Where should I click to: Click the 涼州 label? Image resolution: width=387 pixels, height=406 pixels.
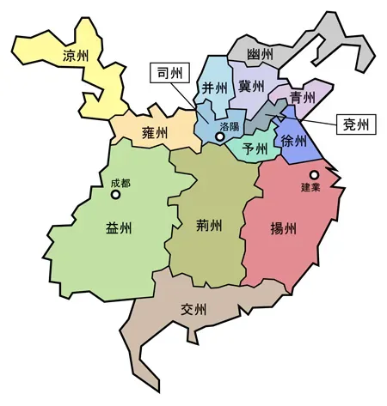(80, 58)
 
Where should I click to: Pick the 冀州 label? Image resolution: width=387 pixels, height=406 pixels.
(251, 87)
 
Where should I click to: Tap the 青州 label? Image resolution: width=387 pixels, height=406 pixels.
(302, 97)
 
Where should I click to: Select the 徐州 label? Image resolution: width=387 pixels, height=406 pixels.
(293, 142)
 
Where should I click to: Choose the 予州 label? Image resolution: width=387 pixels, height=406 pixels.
(255, 148)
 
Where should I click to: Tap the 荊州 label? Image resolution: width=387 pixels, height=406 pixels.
(209, 227)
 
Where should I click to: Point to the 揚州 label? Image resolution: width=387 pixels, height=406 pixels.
(283, 229)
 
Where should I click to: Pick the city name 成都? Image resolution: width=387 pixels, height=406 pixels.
(120, 183)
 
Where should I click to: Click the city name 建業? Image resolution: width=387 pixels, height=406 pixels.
(310, 188)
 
